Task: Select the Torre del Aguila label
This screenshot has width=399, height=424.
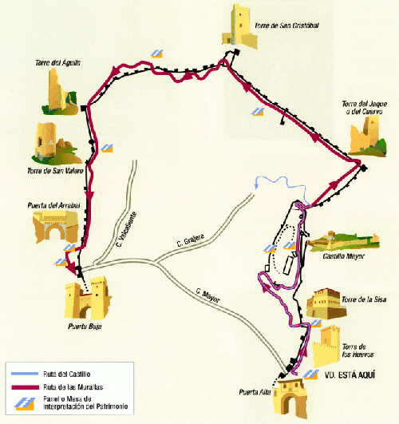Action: pos(53,62)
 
